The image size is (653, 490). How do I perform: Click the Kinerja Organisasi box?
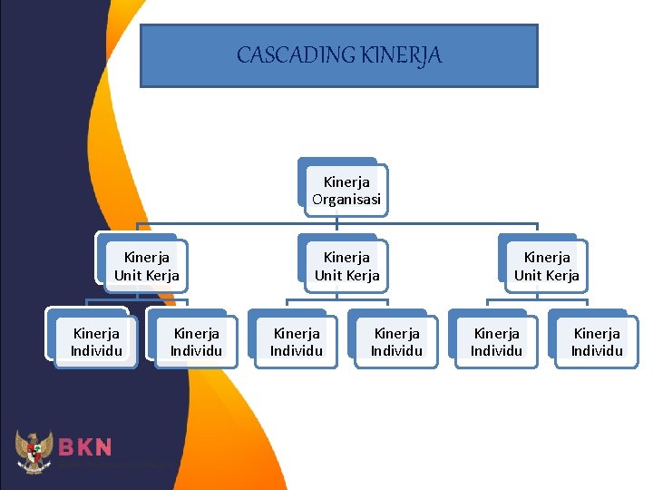[346, 191]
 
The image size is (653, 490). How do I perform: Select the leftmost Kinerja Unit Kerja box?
[147, 266]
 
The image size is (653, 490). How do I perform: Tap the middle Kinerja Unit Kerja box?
[346, 266]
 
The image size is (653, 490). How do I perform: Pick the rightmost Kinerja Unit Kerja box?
[547, 266]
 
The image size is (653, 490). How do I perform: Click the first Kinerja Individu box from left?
[96, 342]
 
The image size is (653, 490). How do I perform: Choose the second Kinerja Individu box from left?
[197, 342]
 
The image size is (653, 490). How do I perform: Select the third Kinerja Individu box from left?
[297, 342]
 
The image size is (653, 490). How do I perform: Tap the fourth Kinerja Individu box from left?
[397, 342]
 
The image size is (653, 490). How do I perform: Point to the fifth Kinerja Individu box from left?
[497, 342]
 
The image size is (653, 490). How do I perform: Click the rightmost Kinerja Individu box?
[597, 342]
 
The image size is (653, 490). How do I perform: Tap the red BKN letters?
[85, 446]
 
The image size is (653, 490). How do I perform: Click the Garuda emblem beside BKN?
[34, 451]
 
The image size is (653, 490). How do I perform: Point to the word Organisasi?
[346, 200]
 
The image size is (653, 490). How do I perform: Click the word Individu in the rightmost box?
[597, 351]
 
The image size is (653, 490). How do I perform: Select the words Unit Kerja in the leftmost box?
[147, 275]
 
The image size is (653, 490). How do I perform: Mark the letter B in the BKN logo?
[67, 446]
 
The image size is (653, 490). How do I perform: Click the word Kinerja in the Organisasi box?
[346, 182]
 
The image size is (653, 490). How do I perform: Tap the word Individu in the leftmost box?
[96, 351]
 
